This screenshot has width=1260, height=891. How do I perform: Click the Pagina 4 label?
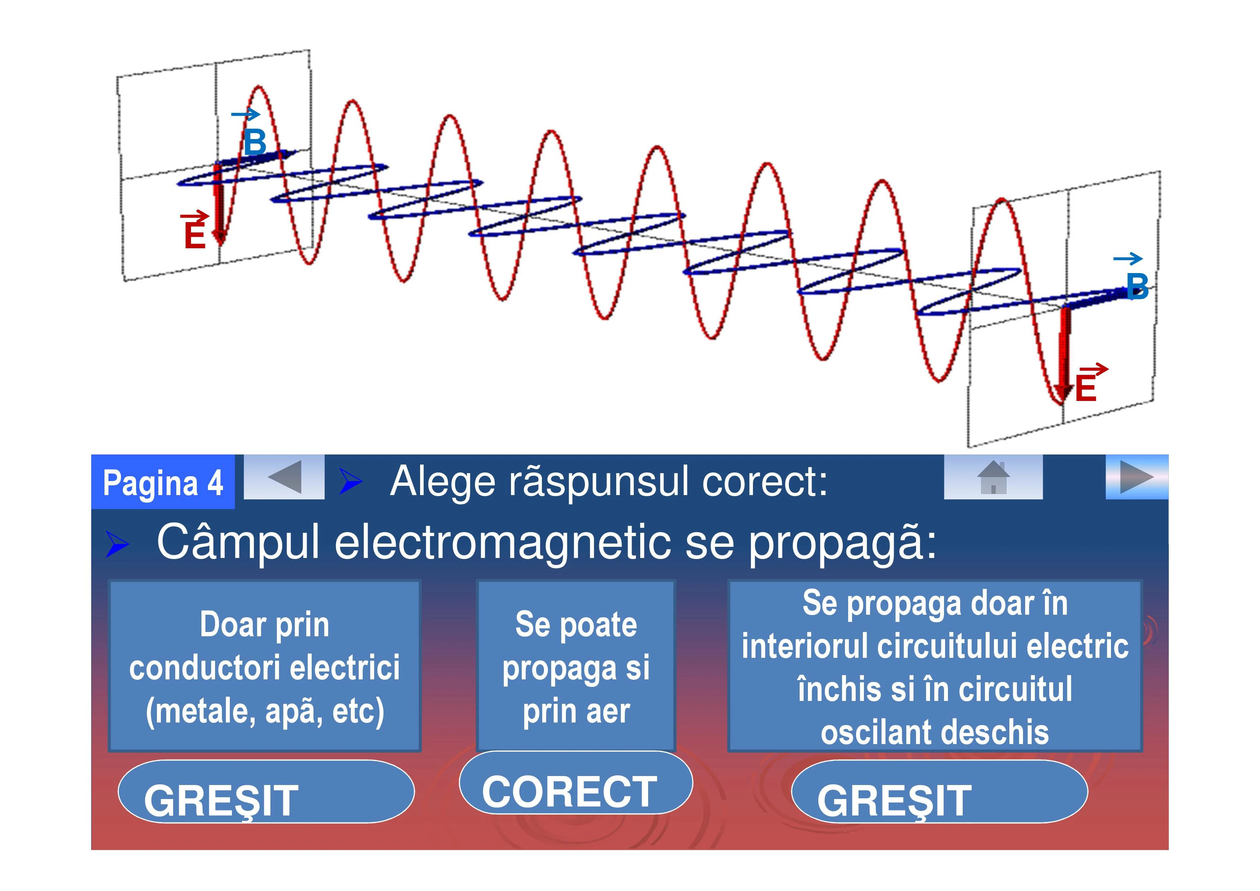163,483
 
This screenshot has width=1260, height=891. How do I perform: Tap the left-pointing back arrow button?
284,477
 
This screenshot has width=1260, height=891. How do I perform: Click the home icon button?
993,477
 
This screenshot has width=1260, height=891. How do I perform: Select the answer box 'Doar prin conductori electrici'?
265,666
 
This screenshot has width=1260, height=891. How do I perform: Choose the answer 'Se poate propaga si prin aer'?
576,666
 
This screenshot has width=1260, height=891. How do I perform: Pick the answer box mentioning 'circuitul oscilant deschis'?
935,666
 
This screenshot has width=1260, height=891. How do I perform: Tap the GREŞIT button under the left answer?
266,791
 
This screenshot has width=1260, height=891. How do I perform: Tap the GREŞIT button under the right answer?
939,791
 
